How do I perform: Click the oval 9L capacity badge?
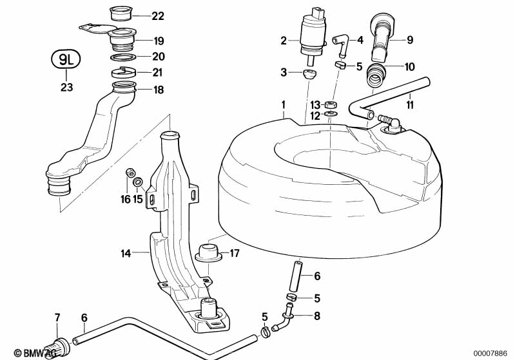tap(66, 59)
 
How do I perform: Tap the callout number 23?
tap(66, 88)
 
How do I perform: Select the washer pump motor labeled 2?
tap(313, 36)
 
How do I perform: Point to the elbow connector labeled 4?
tap(341, 45)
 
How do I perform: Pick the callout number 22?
tap(158, 15)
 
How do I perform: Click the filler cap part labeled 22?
tap(121, 14)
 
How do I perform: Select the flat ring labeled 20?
tap(122, 57)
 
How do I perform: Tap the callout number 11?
tap(410, 105)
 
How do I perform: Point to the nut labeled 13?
tap(329, 106)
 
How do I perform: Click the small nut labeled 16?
tap(130, 173)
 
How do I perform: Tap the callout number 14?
tap(126, 253)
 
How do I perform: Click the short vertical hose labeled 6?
tap(295, 272)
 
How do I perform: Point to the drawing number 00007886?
tap(491, 354)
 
